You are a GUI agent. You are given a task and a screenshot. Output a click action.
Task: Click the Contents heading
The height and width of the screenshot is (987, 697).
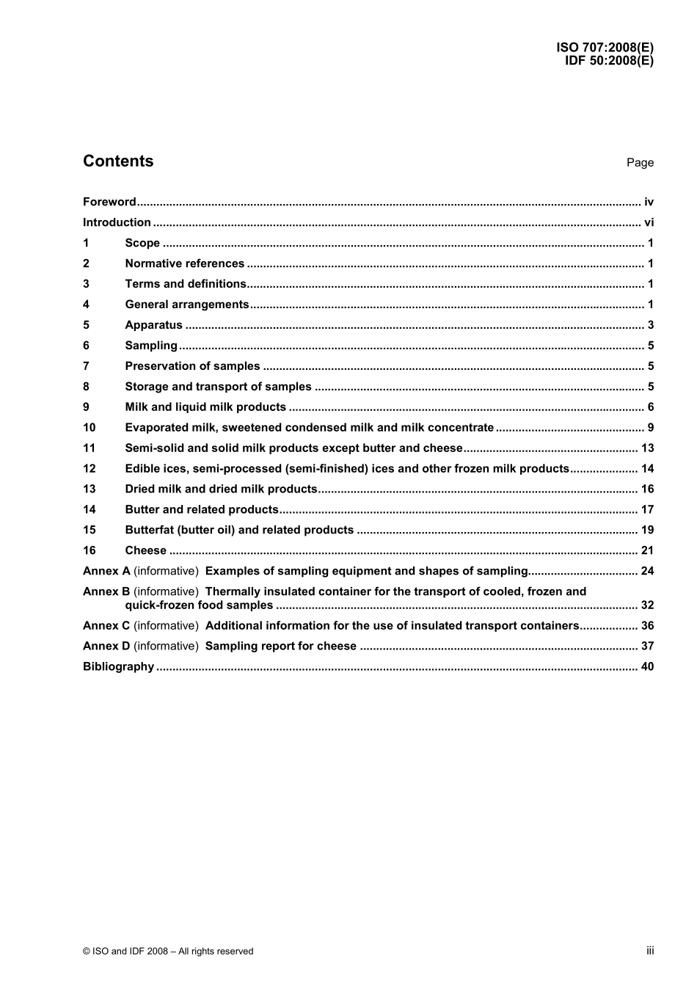pyautogui.click(x=118, y=161)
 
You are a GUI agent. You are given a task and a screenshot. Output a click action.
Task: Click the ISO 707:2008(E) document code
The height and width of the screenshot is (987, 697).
pyautogui.click(x=605, y=48)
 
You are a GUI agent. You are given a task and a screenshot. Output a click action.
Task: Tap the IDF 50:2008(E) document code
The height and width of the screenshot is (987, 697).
pyautogui.click(x=609, y=61)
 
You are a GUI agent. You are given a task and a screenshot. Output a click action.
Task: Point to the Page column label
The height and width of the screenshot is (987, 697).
pyautogui.click(x=640, y=163)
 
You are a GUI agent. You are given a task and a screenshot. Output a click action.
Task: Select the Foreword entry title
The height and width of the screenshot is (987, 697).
pyautogui.click(x=109, y=202)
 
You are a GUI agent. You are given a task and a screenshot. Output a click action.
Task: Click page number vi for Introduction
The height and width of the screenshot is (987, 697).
pyautogui.click(x=649, y=222)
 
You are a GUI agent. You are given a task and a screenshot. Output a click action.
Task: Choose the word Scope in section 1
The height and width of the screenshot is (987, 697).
pyautogui.click(x=142, y=243)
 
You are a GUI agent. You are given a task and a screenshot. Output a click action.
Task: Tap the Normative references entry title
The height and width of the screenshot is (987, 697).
pyautogui.click(x=185, y=263)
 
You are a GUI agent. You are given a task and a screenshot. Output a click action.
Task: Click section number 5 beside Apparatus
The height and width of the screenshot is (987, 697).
pyautogui.click(x=87, y=325)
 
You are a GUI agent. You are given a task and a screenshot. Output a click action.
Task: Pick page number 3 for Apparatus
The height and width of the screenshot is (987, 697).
pyautogui.click(x=651, y=325)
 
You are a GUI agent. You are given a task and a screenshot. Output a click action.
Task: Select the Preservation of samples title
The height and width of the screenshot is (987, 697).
pyautogui.click(x=192, y=366)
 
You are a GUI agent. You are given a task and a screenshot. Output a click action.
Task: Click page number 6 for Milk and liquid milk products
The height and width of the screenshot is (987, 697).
pyautogui.click(x=651, y=407)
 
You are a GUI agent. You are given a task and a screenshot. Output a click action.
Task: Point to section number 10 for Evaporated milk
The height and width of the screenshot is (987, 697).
pyautogui.click(x=90, y=428)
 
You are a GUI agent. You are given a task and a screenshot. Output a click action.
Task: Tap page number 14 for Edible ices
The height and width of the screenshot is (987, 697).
pyautogui.click(x=647, y=469)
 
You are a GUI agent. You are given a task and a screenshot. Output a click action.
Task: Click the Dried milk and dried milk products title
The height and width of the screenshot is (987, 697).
pyautogui.click(x=221, y=489)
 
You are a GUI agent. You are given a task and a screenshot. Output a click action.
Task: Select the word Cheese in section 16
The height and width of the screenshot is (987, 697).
pyautogui.click(x=146, y=550)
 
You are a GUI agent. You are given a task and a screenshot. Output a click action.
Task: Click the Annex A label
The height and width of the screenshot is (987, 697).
pyautogui.click(x=106, y=571)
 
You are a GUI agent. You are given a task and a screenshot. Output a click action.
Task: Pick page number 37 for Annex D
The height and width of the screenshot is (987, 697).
pyautogui.click(x=647, y=647)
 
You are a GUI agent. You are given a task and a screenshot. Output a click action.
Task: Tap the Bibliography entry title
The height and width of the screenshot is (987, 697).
pyautogui.click(x=119, y=667)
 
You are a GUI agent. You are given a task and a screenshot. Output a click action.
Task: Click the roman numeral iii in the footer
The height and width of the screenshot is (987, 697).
pyautogui.click(x=650, y=950)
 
